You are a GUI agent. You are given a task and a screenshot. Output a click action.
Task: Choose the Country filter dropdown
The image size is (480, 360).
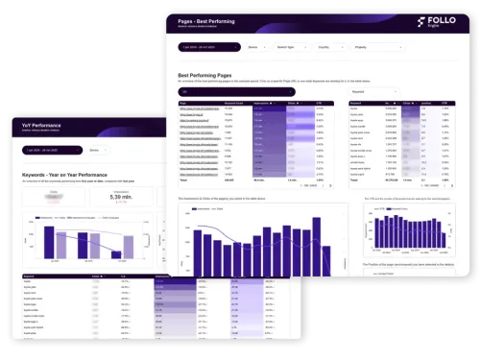point(332,45)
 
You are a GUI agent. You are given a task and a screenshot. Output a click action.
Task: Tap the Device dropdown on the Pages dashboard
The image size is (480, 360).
point(255,45)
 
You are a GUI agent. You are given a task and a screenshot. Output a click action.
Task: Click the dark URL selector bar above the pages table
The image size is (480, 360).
point(259,93)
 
